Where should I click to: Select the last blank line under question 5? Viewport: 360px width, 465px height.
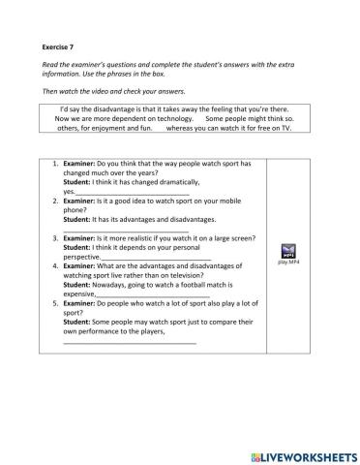pyautogui.click(x=130, y=343)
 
